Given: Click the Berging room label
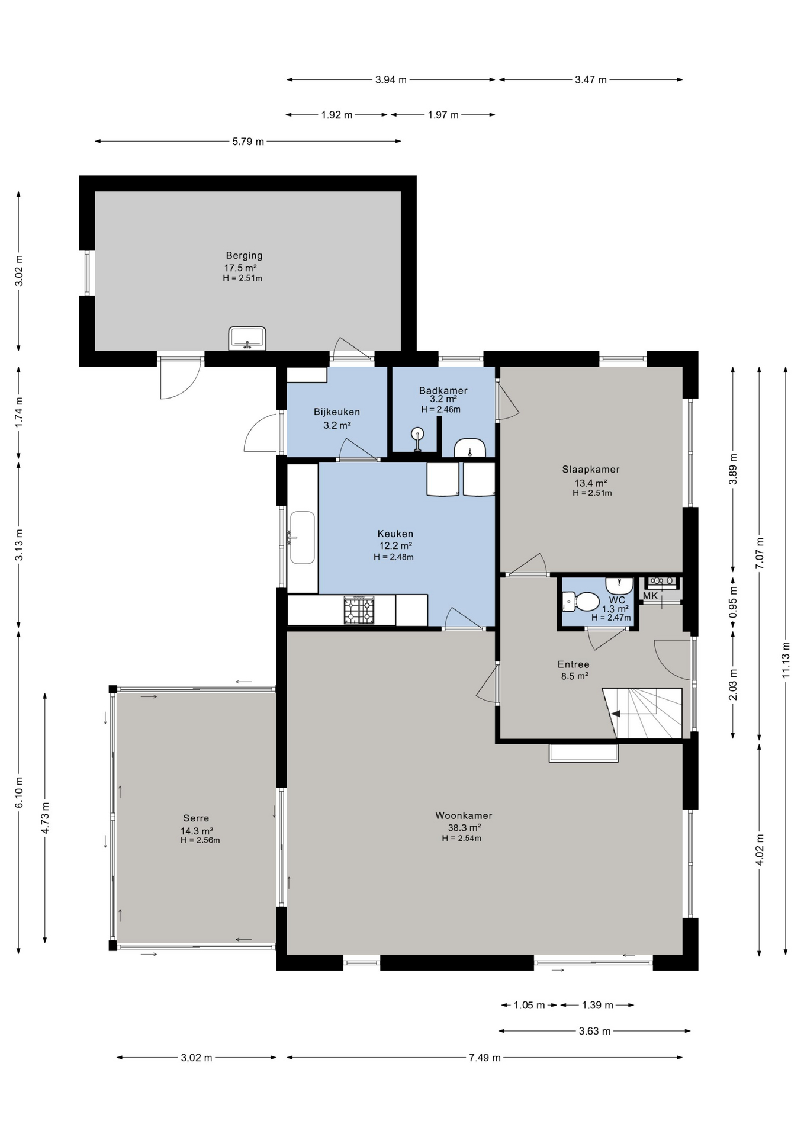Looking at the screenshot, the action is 244,255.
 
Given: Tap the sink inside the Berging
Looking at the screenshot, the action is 247,338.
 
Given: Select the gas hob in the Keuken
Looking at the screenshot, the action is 359,610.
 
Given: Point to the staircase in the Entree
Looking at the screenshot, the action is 643,713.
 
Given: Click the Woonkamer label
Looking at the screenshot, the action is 464,815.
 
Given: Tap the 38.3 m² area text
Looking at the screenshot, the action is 464,827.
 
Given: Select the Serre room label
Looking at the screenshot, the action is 196,818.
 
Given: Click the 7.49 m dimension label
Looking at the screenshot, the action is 485,1058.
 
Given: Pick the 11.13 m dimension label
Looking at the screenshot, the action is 786,660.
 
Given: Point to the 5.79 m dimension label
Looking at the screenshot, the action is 248,142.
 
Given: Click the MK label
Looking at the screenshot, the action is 650,596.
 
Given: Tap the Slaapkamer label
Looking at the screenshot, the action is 591,470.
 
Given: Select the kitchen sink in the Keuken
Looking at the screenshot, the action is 302,538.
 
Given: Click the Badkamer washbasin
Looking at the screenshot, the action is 470,448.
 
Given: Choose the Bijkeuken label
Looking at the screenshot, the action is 337,412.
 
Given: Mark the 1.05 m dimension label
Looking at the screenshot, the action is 529,1005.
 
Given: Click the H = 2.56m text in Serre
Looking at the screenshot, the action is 200,840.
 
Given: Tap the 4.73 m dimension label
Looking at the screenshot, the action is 45,818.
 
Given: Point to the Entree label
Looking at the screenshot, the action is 574,664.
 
